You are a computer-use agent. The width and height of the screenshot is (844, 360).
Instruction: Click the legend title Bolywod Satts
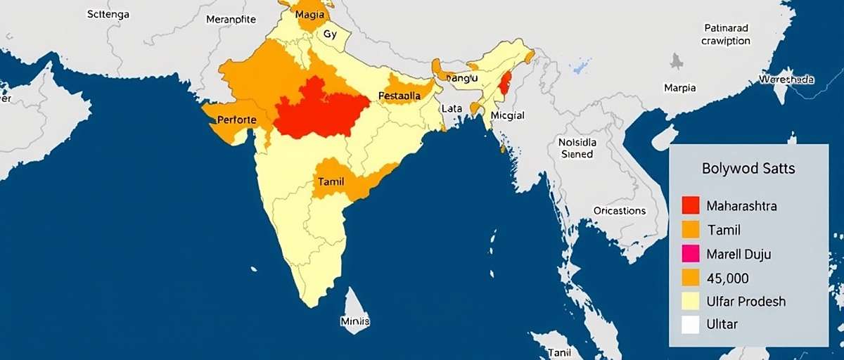pyautogui.click(x=748, y=169)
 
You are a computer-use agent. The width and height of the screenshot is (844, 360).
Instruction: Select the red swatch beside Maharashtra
pyautogui.click(x=691, y=205)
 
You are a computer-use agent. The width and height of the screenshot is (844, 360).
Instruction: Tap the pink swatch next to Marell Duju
pyautogui.click(x=691, y=254)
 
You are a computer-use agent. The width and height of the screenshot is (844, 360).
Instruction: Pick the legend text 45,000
pyautogui.click(x=728, y=278)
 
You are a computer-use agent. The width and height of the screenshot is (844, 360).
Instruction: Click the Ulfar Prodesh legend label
pyautogui.click(x=746, y=301)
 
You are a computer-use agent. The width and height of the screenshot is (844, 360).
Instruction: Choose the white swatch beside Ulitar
pyautogui.click(x=691, y=324)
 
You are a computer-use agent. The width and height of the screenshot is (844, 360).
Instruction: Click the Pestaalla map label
pyautogui.click(x=399, y=96)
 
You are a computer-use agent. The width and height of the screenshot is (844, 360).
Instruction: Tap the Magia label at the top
pyautogui.click(x=309, y=14)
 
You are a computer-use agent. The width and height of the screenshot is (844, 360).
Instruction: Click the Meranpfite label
pyautogui.click(x=231, y=20)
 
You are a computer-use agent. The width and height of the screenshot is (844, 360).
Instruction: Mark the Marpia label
pyautogui.click(x=679, y=88)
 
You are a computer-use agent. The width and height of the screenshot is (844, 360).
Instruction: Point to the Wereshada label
pyautogui.click(x=786, y=80)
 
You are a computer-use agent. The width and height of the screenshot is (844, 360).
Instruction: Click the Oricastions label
pyautogui.click(x=619, y=210)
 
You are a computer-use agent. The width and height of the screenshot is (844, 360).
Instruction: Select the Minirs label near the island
pyautogui.click(x=355, y=321)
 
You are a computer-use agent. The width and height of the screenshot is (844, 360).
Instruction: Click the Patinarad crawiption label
pyautogui.click(x=726, y=34)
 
